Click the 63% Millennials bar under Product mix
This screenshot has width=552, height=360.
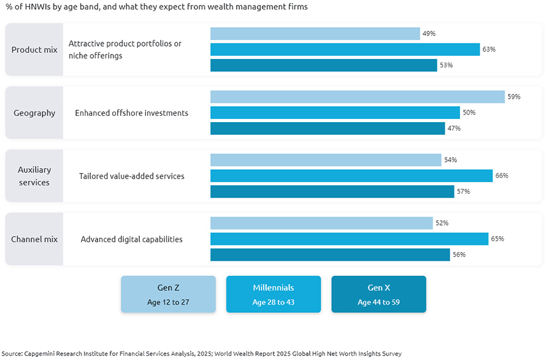(345, 50)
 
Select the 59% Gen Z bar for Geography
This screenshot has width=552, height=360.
(358, 97)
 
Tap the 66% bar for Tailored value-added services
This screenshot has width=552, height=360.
(351, 176)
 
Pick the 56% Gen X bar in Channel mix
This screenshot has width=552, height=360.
(330, 255)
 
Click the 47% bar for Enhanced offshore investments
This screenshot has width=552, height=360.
(328, 128)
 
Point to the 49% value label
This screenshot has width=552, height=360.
(429, 34)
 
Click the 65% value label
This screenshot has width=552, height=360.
(497, 239)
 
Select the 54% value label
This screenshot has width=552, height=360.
(450, 160)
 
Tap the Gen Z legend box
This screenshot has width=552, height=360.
(168, 294)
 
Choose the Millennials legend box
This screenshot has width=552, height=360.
(274, 294)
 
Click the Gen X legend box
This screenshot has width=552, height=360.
(378, 294)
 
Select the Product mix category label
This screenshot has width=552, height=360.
(34, 50)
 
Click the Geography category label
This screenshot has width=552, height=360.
(34, 113)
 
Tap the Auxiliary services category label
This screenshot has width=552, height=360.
(34, 176)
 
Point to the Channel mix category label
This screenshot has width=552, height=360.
(34, 239)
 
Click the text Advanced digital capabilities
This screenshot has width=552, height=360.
(131, 239)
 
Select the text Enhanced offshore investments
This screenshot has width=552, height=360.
(131, 113)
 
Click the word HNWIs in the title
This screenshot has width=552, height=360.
(33, 7)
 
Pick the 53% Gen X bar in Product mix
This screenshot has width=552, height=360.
(323, 65)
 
